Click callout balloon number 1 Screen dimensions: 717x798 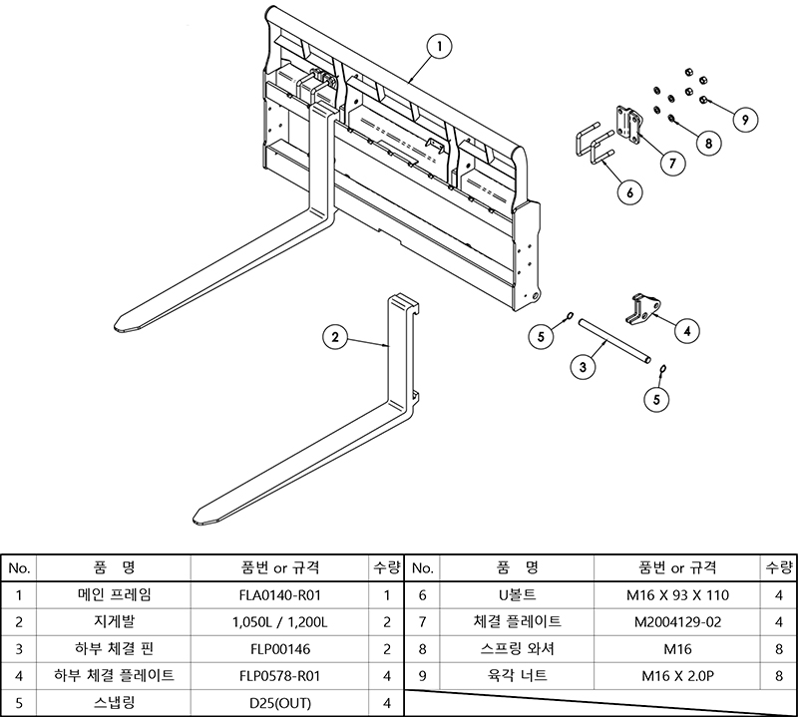(440, 46)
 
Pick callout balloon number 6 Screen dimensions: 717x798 (629, 192)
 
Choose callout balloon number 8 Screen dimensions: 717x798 (707, 144)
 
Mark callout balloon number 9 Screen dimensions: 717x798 (740, 119)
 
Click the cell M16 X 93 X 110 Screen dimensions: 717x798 (677, 595)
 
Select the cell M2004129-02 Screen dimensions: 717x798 (677, 622)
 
